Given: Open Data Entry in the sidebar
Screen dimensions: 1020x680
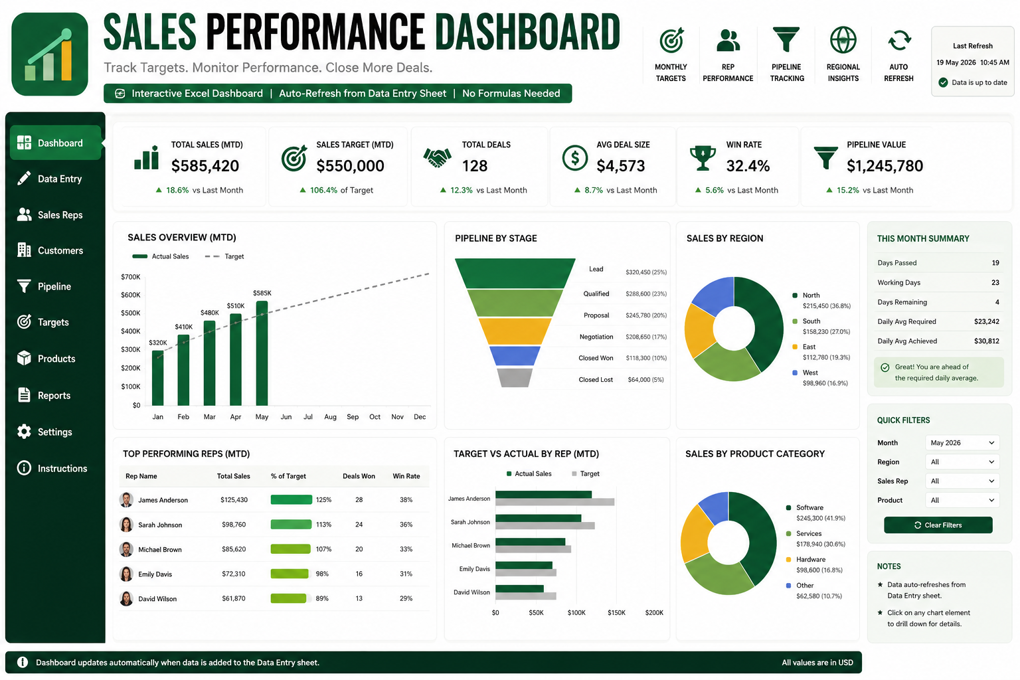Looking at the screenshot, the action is (x=59, y=179).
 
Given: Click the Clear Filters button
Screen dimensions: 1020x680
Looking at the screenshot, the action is (x=938, y=525).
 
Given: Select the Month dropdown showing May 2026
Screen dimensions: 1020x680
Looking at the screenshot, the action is (x=962, y=443).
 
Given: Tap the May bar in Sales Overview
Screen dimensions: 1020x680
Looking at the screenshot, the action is (x=262, y=353).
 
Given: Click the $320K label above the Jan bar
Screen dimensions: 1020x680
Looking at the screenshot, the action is (x=158, y=343).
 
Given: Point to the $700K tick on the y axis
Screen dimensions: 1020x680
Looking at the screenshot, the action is (x=131, y=276).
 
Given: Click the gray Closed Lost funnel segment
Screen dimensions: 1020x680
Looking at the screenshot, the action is (x=515, y=378).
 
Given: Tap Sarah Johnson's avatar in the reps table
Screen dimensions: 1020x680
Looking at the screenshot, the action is (x=126, y=524).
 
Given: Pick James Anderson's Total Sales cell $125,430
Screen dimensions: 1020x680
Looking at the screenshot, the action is (x=234, y=499).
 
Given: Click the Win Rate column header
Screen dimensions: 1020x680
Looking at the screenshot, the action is (x=406, y=476).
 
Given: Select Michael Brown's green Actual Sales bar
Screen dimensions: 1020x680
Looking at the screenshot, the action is (x=531, y=542).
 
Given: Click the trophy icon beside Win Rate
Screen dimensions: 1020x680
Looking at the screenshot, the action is (x=703, y=157).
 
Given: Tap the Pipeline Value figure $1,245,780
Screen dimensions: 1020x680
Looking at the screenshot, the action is (x=885, y=166).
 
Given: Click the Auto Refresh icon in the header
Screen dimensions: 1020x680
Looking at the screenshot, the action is (x=899, y=41).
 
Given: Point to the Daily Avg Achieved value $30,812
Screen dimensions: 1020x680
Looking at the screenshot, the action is (x=986, y=341).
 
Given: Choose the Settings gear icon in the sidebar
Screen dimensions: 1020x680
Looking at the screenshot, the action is (x=24, y=432).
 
